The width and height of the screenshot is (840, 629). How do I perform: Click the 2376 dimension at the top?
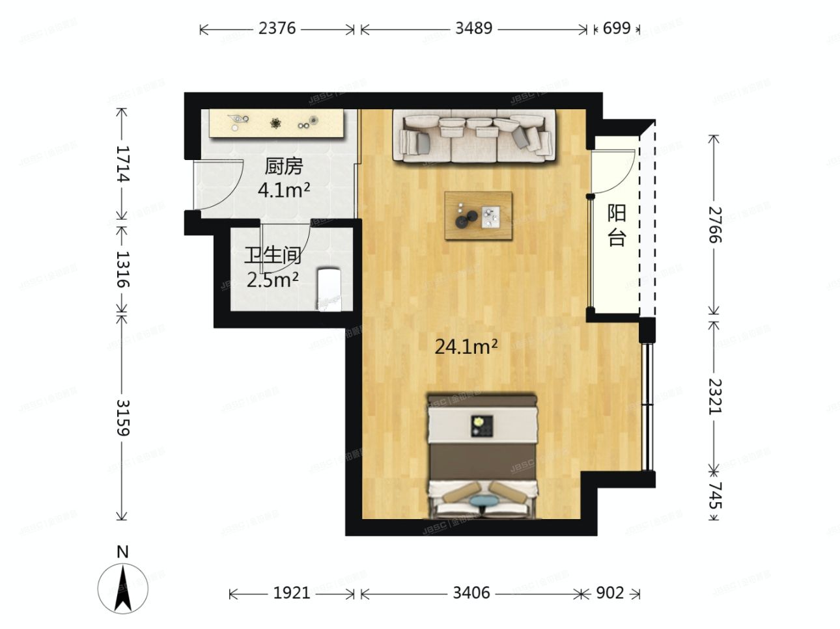[277, 29]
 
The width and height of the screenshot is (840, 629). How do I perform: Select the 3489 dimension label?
[473, 29]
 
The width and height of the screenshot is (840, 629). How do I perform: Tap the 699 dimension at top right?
[616, 29]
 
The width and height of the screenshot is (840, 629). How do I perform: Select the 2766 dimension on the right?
[714, 224]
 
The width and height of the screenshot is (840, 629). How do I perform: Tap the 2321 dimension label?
[714, 396]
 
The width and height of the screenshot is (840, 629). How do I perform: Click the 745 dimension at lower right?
[714, 496]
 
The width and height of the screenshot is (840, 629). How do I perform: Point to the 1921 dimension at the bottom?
[292, 593]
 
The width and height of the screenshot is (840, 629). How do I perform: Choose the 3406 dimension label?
[471, 593]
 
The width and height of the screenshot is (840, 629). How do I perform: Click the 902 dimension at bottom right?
[610, 593]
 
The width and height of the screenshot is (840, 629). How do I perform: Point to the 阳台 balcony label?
[616, 225]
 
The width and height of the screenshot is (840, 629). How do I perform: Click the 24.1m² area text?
[466, 347]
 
